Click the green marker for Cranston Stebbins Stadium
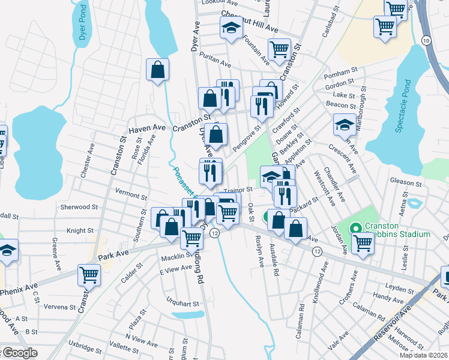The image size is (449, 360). [x=355, y=228]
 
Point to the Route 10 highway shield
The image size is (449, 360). [x=426, y=40]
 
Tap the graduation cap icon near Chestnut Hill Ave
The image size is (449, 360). [x=231, y=28]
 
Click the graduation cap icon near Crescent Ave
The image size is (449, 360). [x=345, y=125]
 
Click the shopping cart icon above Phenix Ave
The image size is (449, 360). [x=89, y=275]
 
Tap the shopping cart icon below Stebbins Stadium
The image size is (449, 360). [x=363, y=244]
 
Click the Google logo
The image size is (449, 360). [x=19, y=353]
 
